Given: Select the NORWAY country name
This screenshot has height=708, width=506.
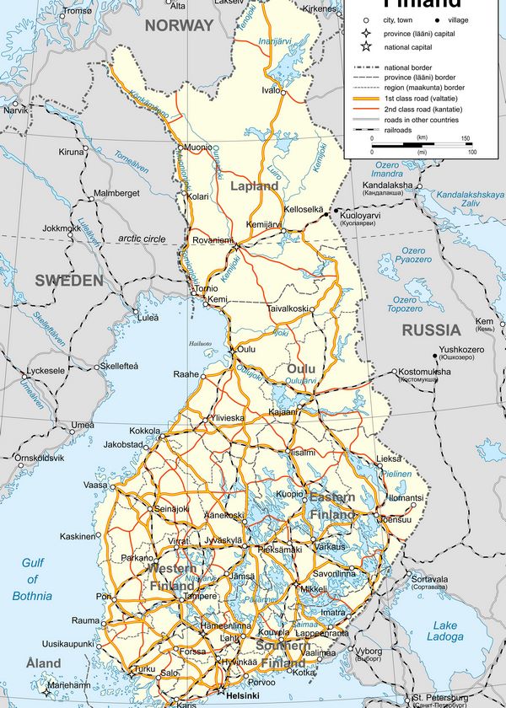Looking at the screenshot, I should pos(179,25).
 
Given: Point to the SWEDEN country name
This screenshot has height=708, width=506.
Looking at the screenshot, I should pos(68,281).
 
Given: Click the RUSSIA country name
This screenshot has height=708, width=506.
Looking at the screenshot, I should pos(431,330).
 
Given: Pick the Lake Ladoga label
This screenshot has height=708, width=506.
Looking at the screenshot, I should pos(444,631).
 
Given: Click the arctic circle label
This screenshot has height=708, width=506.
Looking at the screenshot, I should pos(142,239).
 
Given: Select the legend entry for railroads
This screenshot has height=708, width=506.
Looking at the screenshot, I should pos(401,131).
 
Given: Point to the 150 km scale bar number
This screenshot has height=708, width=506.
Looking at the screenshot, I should pos(466,137).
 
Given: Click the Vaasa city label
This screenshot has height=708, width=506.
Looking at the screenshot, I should pos(95,485).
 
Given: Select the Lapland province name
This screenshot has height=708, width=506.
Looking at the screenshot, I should pos(253,186).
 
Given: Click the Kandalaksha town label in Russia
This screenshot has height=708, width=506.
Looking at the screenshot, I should pos(387,185).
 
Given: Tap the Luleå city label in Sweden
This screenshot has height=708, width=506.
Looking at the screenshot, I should pos(148,318).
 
